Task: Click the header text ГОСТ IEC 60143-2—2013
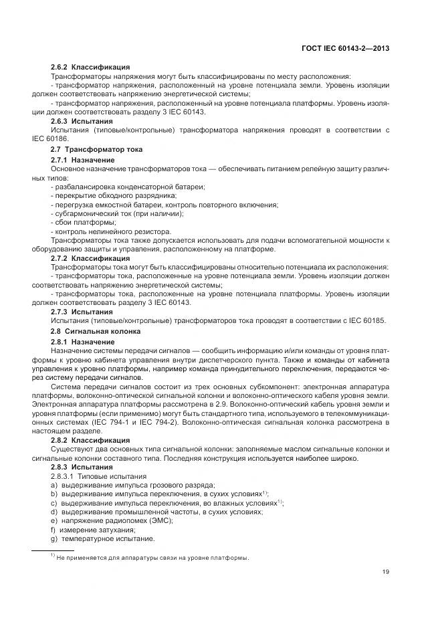point(346,48)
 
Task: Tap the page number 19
point(386,571)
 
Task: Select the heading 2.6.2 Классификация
point(90,68)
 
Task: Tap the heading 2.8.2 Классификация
point(90,440)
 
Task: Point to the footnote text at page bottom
point(147,557)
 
